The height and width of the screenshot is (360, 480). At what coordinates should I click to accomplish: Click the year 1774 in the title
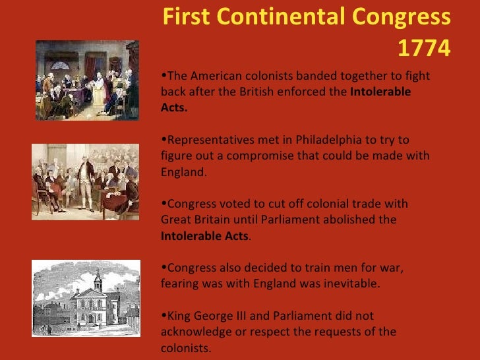click(425, 47)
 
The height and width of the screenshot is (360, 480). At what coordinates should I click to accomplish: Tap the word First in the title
click(185, 17)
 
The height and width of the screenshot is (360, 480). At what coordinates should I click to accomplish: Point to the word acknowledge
click(194, 332)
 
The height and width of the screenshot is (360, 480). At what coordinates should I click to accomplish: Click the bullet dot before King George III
click(164, 315)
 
